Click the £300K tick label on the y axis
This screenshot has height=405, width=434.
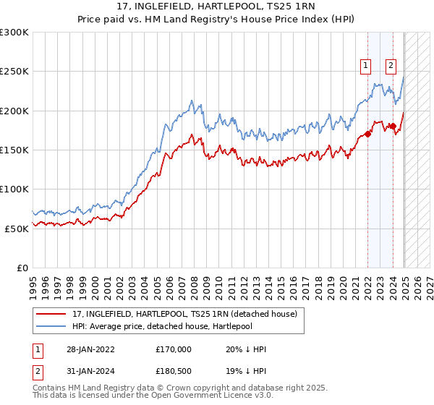[x=14, y=33]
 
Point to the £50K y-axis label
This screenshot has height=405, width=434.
[x=16, y=229]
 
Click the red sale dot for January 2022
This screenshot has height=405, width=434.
[x=367, y=134]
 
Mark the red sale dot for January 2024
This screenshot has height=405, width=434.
[x=393, y=126]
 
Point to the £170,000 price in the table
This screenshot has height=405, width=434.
[x=173, y=349]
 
